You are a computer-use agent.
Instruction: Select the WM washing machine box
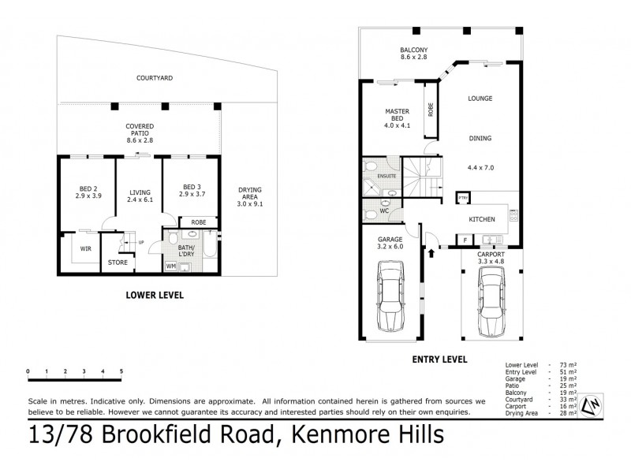click(x=171, y=266)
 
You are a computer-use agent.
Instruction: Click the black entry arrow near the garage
click(x=431, y=253)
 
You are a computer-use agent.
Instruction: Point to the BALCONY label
click(x=413, y=49)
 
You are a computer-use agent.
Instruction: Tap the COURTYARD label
click(x=155, y=79)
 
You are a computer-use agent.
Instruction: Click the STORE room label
click(x=118, y=262)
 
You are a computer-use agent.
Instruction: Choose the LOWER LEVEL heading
click(x=155, y=295)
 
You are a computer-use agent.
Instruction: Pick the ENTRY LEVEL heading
click(x=439, y=359)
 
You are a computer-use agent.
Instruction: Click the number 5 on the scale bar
click(x=121, y=370)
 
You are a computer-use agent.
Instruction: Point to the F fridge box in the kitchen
click(x=465, y=240)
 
